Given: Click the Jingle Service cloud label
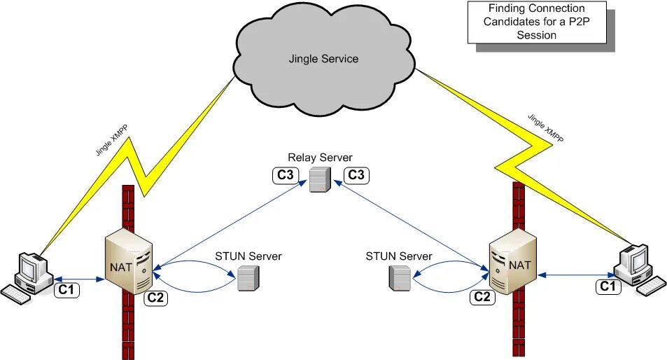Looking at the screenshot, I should tap(323, 59).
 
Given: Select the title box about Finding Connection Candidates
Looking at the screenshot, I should tap(536, 22).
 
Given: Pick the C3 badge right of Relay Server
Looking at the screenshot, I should tap(356, 175).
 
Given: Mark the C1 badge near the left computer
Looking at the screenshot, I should tap(67, 289).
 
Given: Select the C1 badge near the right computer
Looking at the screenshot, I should tap(609, 286).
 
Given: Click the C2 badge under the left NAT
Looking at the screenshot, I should tap(157, 298).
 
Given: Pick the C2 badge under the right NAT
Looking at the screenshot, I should tap(482, 296).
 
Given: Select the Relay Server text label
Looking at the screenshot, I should tap(321, 158).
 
